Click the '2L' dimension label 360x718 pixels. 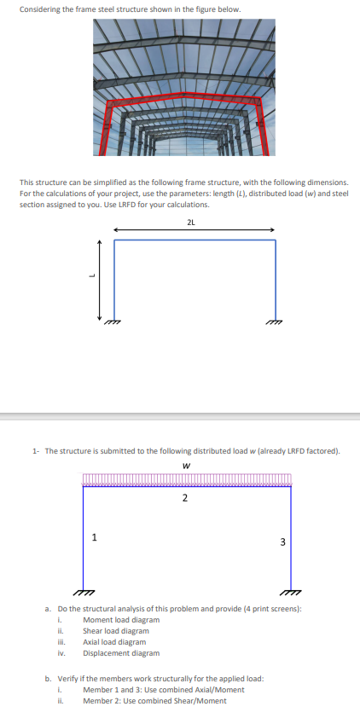190,222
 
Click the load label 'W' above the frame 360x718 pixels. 185,466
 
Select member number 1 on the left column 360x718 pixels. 94,536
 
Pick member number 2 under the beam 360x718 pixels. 185,498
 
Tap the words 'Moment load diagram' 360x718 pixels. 120,619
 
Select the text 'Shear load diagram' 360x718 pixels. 116,630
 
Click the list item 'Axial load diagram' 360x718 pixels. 114,641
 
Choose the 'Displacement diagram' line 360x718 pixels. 120,652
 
